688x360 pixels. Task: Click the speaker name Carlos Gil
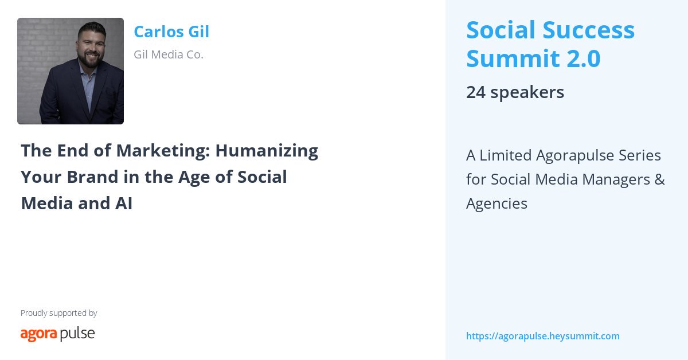[x=171, y=32]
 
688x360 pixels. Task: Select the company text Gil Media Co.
[x=169, y=55]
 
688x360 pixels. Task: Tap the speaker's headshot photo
[x=71, y=71]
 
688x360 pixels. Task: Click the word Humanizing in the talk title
[x=266, y=151]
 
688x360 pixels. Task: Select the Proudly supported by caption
[x=58, y=313]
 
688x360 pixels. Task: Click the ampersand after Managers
[x=659, y=179]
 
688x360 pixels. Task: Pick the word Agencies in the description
[x=497, y=204]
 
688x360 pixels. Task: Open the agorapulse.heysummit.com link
[x=543, y=336]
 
